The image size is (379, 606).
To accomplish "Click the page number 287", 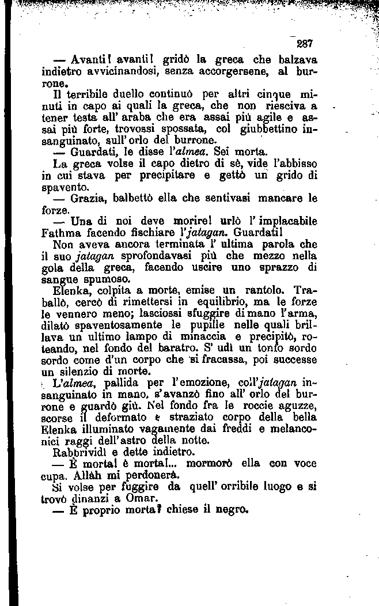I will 304,43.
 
